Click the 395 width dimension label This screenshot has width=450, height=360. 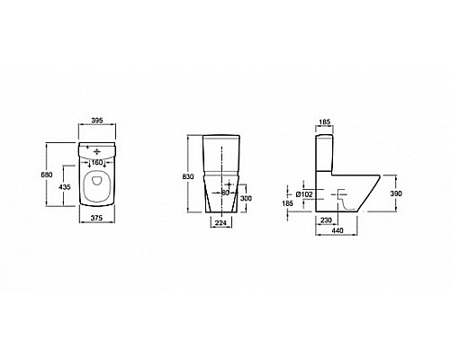click(x=97, y=121)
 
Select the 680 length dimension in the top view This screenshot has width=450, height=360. click(x=47, y=175)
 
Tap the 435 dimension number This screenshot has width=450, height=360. click(x=65, y=187)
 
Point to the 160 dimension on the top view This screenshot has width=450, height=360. click(x=97, y=163)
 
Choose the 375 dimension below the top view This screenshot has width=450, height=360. click(x=96, y=218)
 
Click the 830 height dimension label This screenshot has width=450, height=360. click(x=188, y=176)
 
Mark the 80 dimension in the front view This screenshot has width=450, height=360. click(x=225, y=193)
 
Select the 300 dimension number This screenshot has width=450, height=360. click(x=246, y=198)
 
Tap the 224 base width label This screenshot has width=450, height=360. click(x=220, y=223)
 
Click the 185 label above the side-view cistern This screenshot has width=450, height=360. click(x=325, y=121)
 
